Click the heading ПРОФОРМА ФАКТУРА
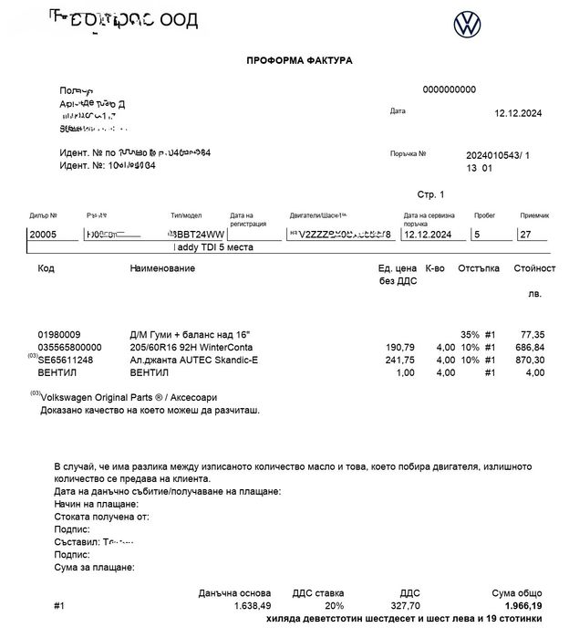299,60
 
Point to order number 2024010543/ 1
497,156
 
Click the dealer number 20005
43,235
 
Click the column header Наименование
163,269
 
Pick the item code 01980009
59,335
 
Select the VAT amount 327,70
404,605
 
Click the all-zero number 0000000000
450,89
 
